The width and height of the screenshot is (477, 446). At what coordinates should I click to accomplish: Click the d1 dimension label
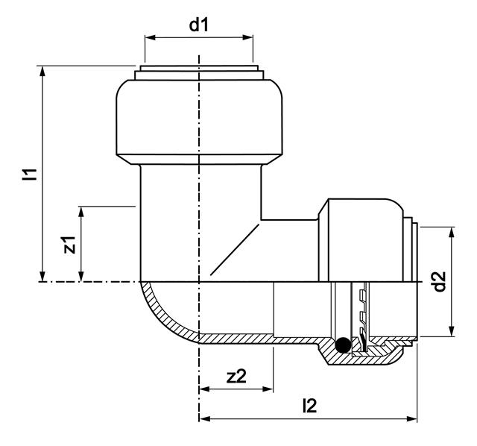click(x=199, y=25)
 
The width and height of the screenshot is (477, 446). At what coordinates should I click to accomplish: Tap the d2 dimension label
click(x=440, y=281)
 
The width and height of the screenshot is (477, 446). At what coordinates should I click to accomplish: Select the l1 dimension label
click(x=30, y=174)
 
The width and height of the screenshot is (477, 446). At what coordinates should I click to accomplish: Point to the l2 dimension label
click(x=310, y=406)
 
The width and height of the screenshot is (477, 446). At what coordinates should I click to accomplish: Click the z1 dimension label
click(x=69, y=245)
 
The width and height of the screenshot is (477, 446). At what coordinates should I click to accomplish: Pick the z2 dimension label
click(x=236, y=376)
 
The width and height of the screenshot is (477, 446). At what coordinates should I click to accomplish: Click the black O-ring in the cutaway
click(x=343, y=345)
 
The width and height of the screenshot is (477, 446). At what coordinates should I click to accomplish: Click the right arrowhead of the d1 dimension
click(x=247, y=37)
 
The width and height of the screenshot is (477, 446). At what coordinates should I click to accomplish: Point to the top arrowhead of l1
click(x=43, y=72)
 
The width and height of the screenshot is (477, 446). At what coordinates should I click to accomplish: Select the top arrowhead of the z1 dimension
click(x=81, y=212)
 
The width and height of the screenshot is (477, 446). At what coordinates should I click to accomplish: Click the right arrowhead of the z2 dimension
click(x=268, y=389)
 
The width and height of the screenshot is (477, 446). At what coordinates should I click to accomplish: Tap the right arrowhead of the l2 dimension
click(x=411, y=419)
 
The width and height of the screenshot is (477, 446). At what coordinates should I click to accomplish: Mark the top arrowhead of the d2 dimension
click(x=452, y=233)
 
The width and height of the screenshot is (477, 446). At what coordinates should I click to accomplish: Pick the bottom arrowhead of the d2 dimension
click(x=452, y=331)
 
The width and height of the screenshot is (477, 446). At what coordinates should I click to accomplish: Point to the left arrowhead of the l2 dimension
click(x=205, y=419)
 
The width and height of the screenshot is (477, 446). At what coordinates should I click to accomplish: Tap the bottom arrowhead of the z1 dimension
click(x=81, y=276)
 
